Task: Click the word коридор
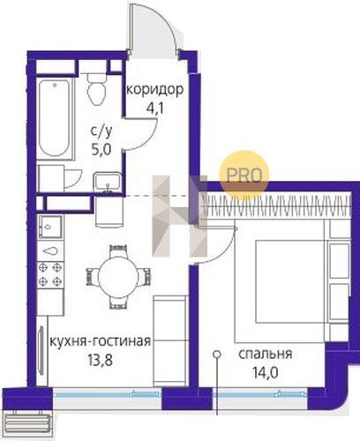pos(155,91)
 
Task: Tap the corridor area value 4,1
pos(155,108)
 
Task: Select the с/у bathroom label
pos(101,132)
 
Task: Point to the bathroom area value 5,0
pos(101,150)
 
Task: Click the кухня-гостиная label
pos(101,341)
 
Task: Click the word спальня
pos(265,355)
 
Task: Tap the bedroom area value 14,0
pos(265,373)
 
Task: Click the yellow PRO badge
pos(244,176)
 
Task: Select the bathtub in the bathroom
pos(56,118)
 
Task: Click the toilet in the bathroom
pos(96,89)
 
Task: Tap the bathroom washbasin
pos(108,183)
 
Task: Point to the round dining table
pos(118,277)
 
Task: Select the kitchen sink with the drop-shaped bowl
pos(50,251)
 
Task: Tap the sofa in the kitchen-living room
pos(171,341)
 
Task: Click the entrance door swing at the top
pos(154,28)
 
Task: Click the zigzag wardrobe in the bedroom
pos(276,206)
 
